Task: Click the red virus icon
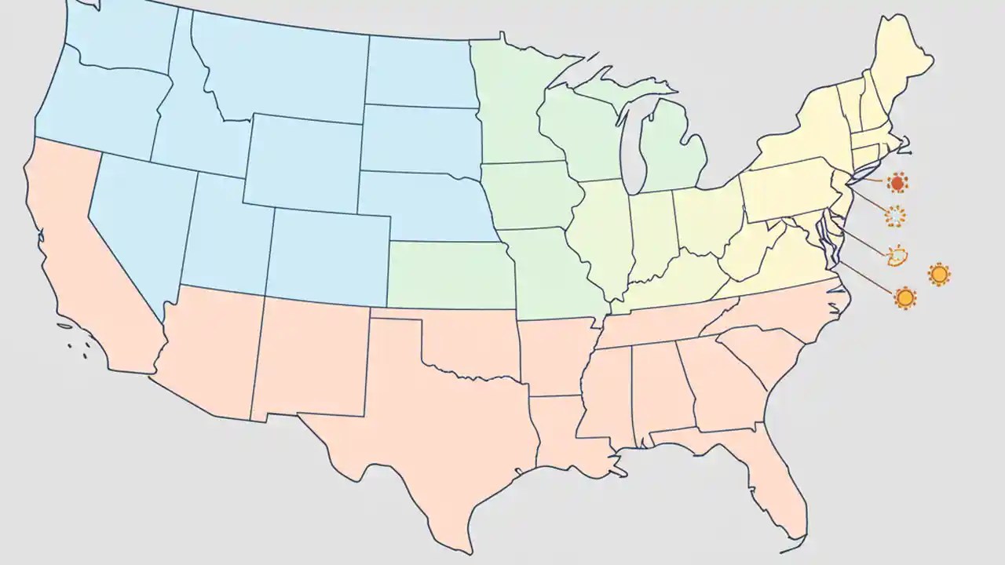tap(897, 184)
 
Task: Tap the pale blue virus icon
tap(895, 216)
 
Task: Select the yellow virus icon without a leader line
tap(939, 274)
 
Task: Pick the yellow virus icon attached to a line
tap(905, 298)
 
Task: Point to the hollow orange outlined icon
tap(897, 254)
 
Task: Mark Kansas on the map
tap(448, 275)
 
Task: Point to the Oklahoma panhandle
tap(397, 315)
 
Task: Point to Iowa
tap(526, 196)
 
